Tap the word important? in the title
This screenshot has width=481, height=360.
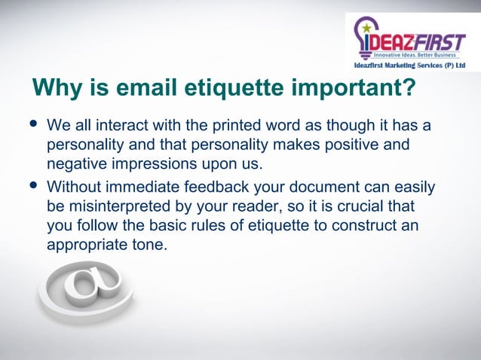[353, 88]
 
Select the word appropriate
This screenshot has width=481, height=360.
[85, 246]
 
